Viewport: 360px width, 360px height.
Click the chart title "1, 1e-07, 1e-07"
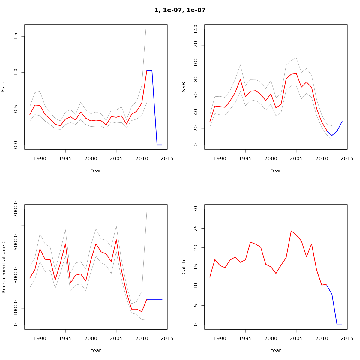tap(180, 10)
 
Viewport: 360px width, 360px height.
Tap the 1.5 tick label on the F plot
tap(16, 37)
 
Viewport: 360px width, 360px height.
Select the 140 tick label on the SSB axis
tap(196, 29)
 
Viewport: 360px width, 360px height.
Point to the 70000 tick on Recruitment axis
tap(16, 209)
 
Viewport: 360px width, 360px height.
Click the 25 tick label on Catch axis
tap(196, 228)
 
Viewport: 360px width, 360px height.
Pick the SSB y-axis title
tap(184, 87)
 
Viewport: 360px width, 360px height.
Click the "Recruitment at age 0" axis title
tap(4, 267)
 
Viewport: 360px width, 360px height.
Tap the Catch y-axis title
tap(184, 267)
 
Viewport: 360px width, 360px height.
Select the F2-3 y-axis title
tap(4, 87)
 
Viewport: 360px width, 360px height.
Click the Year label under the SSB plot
tap(276, 171)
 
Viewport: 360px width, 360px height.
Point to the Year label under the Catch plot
tap(276, 351)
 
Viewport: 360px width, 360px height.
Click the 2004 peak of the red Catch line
tap(291, 231)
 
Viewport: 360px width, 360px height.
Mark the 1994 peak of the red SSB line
tap(240, 79)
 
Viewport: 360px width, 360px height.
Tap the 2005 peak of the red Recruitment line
tap(116, 240)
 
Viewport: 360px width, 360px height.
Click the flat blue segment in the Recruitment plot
tap(154, 299)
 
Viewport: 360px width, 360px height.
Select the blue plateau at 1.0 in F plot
tap(149, 70)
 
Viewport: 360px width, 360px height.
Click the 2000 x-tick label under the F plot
tap(91, 159)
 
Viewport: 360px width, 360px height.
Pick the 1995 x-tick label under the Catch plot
tap(245, 339)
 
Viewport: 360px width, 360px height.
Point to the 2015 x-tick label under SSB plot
tap(347, 159)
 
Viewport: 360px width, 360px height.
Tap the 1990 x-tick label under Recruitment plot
tap(40, 339)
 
